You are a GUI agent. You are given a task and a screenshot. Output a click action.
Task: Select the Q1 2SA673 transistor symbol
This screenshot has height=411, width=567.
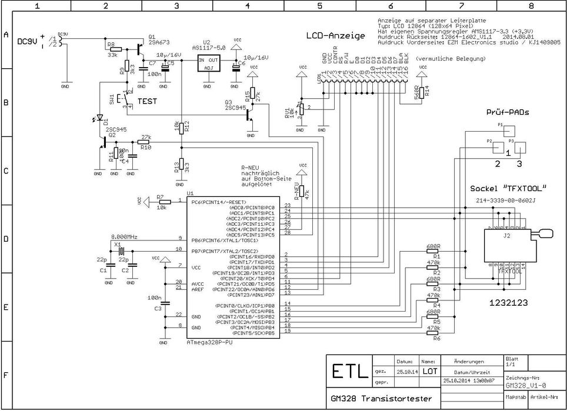coord(139,46)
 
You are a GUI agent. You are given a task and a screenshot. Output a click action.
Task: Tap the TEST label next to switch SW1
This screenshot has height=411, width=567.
coord(146,101)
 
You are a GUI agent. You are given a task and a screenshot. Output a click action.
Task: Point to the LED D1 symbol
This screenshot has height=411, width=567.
coord(99,120)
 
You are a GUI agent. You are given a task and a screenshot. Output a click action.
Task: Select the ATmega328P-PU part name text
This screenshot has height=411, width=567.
coord(209,342)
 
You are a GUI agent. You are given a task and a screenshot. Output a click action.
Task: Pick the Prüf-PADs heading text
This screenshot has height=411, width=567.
coord(506,112)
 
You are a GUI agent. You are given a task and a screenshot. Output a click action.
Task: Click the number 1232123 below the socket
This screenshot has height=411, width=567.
coord(509,303)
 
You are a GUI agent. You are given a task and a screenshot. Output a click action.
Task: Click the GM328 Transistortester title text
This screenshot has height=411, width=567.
coord(380,399)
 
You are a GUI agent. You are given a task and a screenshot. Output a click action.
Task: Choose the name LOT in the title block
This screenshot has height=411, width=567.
coord(430,372)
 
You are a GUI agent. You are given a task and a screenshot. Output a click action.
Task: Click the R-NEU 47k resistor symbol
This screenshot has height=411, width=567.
coord(302,190)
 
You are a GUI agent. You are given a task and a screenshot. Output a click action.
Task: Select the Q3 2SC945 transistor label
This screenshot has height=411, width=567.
coord(235,105)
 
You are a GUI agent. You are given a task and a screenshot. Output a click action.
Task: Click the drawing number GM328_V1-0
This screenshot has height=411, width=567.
coord(526,386)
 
